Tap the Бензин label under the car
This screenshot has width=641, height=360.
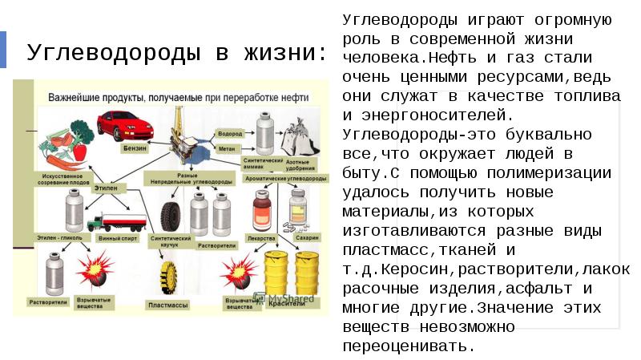tap(135, 148)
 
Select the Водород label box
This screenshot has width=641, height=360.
tap(230, 133)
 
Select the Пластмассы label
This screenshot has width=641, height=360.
tap(168, 305)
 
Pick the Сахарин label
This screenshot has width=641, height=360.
tap(307, 238)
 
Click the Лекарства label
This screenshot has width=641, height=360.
tap(262, 238)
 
